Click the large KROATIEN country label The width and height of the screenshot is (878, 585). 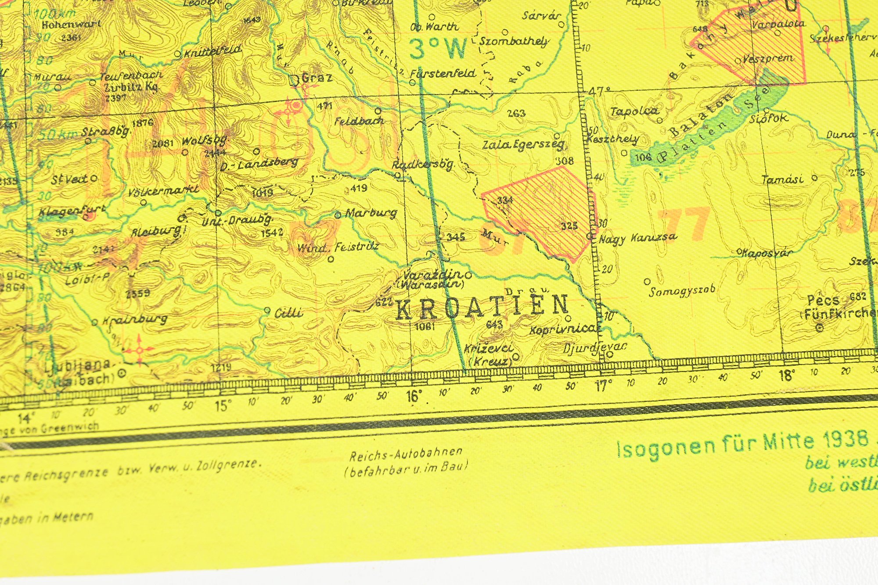[x=482, y=306]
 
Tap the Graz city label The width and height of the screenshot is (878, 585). [x=317, y=79]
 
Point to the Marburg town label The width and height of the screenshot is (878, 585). [x=371, y=214]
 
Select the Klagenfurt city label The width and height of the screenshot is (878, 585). [x=72, y=211]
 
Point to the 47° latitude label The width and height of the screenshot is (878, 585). [x=600, y=92]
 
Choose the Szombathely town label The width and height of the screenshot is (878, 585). [x=514, y=42]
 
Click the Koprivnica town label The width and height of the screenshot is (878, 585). [x=564, y=329]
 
